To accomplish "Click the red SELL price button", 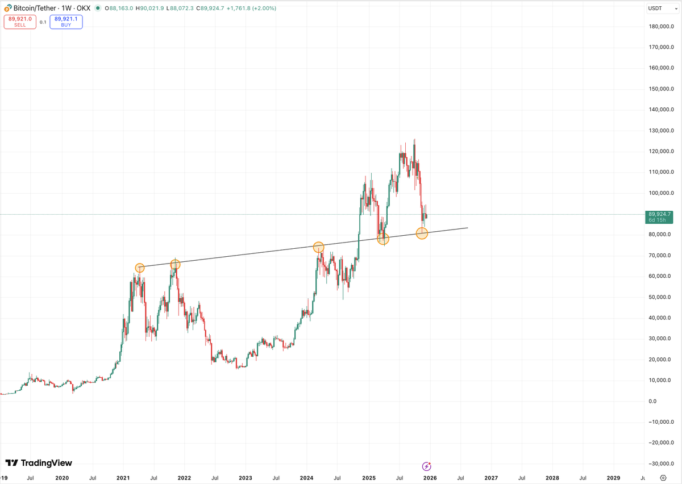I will pyautogui.click(x=20, y=22).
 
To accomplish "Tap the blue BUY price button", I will pyautogui.click(x=66, y=22).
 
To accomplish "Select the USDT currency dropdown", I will pyautogui.click(x=659, y=8).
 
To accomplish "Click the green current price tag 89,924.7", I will pyautogui.click(x=659, y=216).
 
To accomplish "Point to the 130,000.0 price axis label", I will pyautogui.click(x=660, y=131).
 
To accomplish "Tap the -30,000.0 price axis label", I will pyautogui.click(x=660, y=464).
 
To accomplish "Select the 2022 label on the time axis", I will pyautogui.click(x=184, y=478).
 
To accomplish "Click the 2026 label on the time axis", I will pyautogui.click(x=430, y=478).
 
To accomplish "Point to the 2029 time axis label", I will pyautogui.click(x=613, y=478).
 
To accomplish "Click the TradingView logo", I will pyautogui.click(x=39, y=463).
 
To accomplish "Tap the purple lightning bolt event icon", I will pyautogui.click(x=427, y=466).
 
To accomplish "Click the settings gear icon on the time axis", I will pyautogui.click(x=663, y=478).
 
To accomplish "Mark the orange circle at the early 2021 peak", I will pyautogui.click(x=140, y=268).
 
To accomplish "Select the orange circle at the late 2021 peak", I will pyautogui.click(x=175, y=264).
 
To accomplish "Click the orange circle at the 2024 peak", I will pyautogui.click(x=318, y=247).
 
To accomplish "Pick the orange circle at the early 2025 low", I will pyautogui.click(x=383, y=239).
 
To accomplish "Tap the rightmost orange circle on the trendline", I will pyautogui.click(x=422, y=233).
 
